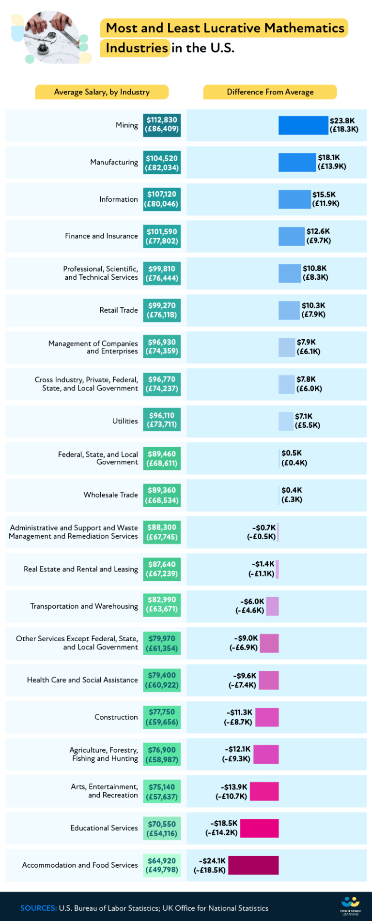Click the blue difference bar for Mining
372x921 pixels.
click(303, 125)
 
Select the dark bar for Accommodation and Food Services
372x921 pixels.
click(253, 865)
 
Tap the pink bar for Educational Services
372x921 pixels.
click(259, 828)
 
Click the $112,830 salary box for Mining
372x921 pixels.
click(162, 125)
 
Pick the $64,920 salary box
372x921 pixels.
click(162, 865)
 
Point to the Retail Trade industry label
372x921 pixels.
click(119, 310)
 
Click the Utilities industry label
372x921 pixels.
click(125, 421)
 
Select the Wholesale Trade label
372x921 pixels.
click(110, 495)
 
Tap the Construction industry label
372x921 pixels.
click(116, 717)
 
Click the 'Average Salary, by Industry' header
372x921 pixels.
click(102, 92)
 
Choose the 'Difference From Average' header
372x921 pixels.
click(270, 92)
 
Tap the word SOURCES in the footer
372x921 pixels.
click(38, 908)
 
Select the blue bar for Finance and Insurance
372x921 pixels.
click(292, 236)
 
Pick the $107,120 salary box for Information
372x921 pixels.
click(162, 199)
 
